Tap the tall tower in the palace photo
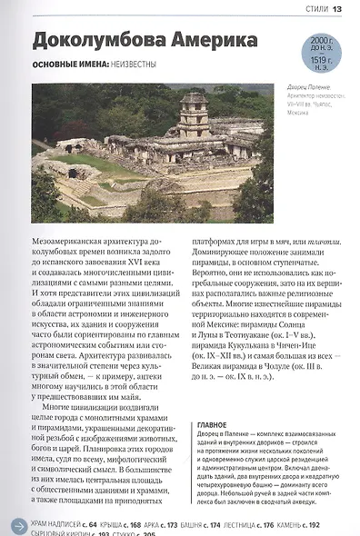(193, 113)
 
